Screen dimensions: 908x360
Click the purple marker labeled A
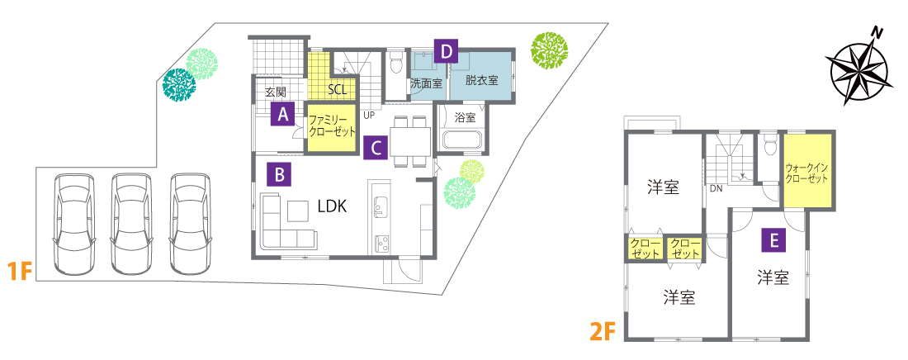pos(283,114)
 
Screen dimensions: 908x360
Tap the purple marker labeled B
pos(279,174)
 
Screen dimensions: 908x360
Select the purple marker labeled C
pos(376,147)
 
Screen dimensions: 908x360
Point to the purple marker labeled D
pos(446,51)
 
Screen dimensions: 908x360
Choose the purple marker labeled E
pos(773,239)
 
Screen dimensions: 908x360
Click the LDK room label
pos(332,206)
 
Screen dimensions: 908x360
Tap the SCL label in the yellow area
pos(337,90)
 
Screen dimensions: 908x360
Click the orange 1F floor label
pos(18,272)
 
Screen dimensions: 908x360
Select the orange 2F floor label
pos(602,332)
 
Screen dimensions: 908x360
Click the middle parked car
pos(131,223)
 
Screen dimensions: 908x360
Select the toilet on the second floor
pos(769,145)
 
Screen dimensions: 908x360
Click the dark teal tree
pos(179,86)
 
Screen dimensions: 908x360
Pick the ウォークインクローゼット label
pos(806,173)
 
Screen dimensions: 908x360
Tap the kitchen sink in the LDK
pos(381,206)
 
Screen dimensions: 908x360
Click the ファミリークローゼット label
pos(331,126)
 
